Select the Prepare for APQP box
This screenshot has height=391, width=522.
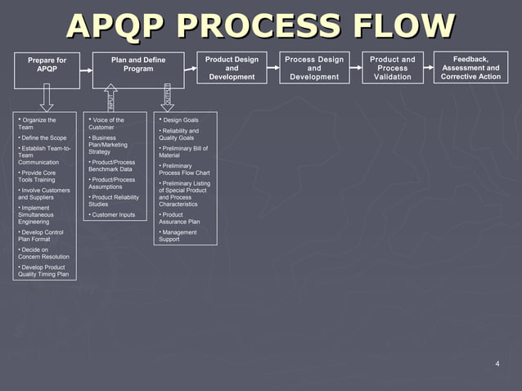click(x=47, y=65)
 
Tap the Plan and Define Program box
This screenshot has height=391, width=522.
click(x=138, y=65)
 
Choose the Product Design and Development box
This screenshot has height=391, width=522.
click(x=232, y=68)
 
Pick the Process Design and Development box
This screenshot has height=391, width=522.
click(x=313, y=68)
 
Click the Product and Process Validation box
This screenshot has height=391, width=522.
click(x=392, y=68)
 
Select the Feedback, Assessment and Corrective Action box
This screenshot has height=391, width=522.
click(x=470, y=68)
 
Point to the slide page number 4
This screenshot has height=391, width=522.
click(x=497, y=363)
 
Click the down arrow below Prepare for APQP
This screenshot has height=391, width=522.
click(x=47, y=97)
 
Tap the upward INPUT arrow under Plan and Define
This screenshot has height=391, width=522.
click(x=110, y=97)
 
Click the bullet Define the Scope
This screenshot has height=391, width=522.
click(x=43, y=138)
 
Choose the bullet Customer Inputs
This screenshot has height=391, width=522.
click(x=113, y=214)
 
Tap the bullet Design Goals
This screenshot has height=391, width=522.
click(x=179, y=120)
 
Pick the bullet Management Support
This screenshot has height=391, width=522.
click(x=178, y=236)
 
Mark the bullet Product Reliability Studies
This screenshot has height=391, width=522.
click(x=114, y=200)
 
